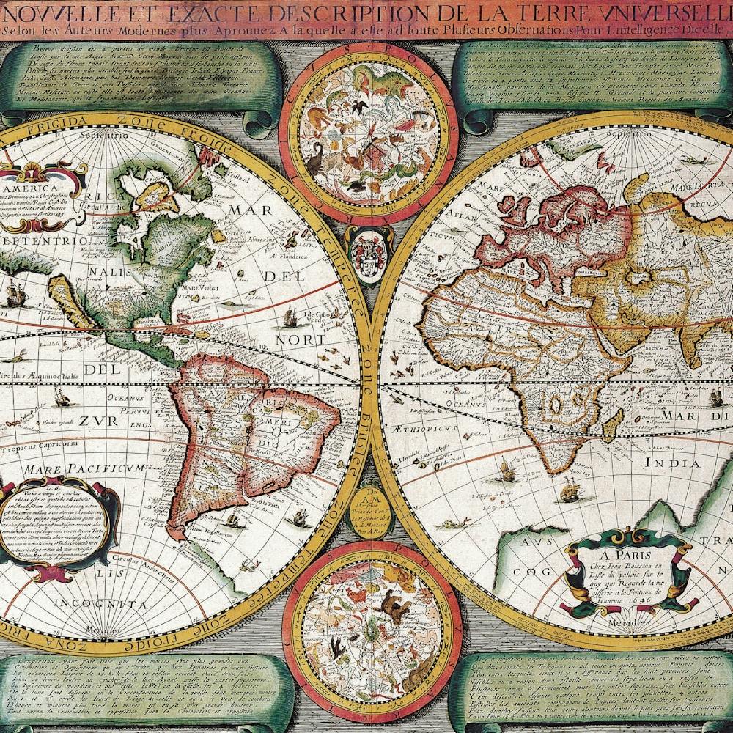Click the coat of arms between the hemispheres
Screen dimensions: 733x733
tap(363, 254)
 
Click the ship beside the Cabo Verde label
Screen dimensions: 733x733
tap(289, 317)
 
